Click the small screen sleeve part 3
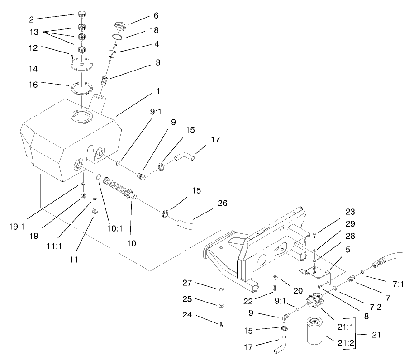(105, 83)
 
